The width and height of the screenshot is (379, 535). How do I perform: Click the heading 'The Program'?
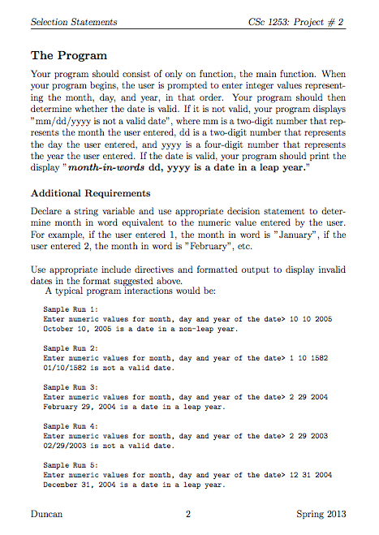tap(68, 56)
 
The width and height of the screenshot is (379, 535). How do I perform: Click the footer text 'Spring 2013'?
tap(321, 513)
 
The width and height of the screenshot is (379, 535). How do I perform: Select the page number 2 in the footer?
tap(187, 513)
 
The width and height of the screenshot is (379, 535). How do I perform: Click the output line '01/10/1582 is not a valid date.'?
tap(107, 368)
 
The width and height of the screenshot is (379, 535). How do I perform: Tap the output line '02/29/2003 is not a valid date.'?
tap(107, 446)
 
